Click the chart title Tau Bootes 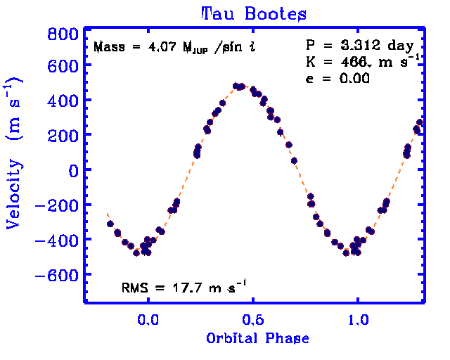254,13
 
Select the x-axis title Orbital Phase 257,338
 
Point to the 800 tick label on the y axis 62,34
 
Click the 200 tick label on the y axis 62,135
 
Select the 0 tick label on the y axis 71,169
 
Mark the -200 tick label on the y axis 57,205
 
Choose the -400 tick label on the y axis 57,240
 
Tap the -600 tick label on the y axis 57,274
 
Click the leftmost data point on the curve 110,224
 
